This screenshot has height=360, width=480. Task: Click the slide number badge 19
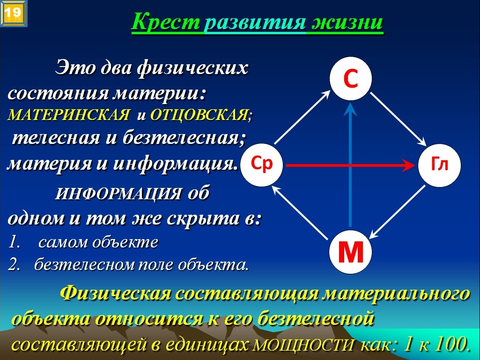click(x=13, y=13)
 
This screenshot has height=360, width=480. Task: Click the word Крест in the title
click(x=166, y=22)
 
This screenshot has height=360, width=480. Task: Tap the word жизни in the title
click(x=347, y=22)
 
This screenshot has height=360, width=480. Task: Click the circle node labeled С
click(x=350, y=78)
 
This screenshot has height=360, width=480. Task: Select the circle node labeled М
click(x=350, y=252)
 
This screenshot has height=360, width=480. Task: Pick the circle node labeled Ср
click(x=262, y=165)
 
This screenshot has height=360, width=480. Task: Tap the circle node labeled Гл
click(x=439, y=165)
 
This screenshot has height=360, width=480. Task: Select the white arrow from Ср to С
click(x=302, y=117)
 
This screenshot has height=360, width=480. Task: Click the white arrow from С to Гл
click(x=398, y=119)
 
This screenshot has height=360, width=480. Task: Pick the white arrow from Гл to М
click(x=397, y=212)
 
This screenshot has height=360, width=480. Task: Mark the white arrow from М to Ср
click(x=300, y=212)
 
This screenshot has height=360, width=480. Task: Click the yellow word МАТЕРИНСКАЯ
click(x=69, y=115)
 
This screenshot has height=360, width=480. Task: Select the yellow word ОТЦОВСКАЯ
click(x=199, y=115)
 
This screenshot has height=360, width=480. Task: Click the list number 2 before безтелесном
click(x=14, y=264)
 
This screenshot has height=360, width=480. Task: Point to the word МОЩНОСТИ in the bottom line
click(x=303, y=345)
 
